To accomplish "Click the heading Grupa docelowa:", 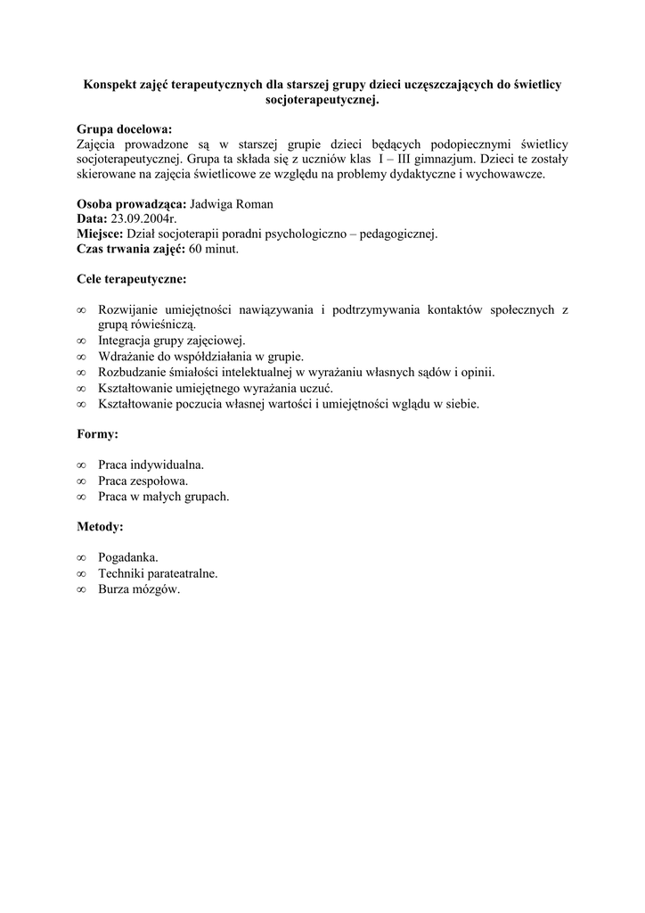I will coord(125,128).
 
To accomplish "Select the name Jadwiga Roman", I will coord(233,203).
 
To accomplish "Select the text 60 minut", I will coord(214,249).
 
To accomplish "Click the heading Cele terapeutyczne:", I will coord(132,279).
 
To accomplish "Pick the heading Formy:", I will coord(98,434).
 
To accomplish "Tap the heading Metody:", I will coord(101,527).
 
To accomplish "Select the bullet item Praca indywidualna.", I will coord(151,465).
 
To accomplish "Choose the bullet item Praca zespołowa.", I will coord(143,481).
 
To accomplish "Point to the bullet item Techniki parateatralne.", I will coord(158,573).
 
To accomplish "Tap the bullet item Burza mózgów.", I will coord(139,589).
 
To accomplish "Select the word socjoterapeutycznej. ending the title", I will coord(322,101).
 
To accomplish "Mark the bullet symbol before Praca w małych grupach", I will coord(82,497).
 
